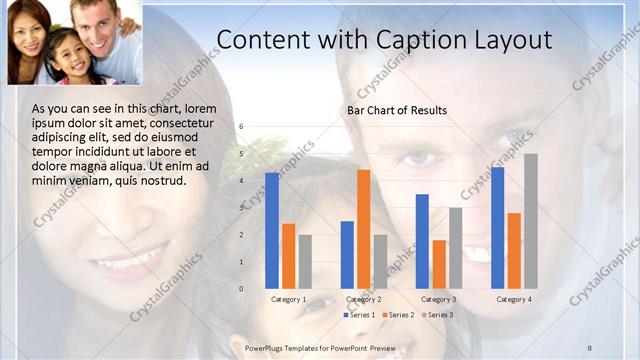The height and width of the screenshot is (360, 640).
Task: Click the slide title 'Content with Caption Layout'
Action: click(384, 40)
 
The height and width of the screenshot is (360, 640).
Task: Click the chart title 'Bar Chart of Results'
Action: click(397, 110)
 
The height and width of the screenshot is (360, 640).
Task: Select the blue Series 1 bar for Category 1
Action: click(272, 230)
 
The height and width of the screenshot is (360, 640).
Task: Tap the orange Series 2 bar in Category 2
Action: click(363, 229)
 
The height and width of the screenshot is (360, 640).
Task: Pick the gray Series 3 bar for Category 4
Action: click(531, 221)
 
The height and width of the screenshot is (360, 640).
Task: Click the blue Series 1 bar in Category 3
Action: click(422, 241)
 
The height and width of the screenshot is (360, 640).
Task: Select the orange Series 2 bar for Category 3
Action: click(439, 264)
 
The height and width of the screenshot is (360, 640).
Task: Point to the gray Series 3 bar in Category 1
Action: click(305, 261)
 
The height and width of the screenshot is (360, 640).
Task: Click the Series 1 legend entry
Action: click(359, 315)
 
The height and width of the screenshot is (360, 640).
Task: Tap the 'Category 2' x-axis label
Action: click(363, 299)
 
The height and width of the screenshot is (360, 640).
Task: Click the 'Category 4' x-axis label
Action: click(514, 299)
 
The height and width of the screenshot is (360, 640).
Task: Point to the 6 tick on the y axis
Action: click(241, 127)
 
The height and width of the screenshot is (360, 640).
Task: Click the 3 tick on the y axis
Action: click(241, 208)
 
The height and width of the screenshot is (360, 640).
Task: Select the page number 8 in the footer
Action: click(590, 347)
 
